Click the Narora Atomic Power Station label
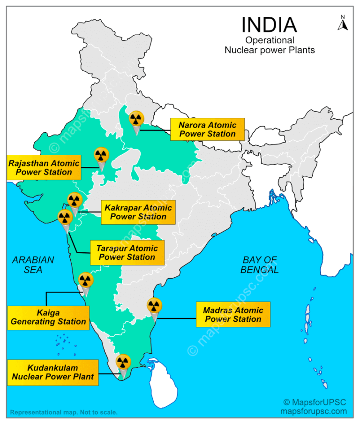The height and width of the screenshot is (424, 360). click(x=207, y=129)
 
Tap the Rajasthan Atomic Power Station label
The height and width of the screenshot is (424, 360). click(x=44, y=167)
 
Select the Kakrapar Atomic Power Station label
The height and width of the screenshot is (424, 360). click(x=138, y=212)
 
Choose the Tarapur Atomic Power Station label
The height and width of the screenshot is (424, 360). click(x=127, y=252)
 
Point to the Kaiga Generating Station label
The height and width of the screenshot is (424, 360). click(x=48, y=317)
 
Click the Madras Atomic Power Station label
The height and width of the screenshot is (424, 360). click(x=233, y=314)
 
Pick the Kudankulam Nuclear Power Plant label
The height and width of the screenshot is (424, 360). click(x=52, y=372)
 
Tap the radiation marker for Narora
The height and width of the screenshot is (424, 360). click(x=136, y=119)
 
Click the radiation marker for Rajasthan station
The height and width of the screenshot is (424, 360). click(x=102, y=155)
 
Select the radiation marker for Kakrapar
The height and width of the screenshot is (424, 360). click(x=75, y=200)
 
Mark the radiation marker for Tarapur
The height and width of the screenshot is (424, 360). click(x=65, y=217)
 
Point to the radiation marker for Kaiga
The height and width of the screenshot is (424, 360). click(x=85, y=280)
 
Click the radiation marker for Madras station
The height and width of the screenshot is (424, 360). click(x=153, y=306)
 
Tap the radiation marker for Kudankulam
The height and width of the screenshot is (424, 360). click(x=123, y=362)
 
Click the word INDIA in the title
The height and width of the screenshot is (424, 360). click(x=269, y=24)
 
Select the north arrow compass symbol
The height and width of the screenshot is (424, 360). click(x=343, y=23)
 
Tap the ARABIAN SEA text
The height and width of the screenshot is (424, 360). click(x=33, y=265)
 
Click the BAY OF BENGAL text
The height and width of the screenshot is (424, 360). click(x=260, y=265)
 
